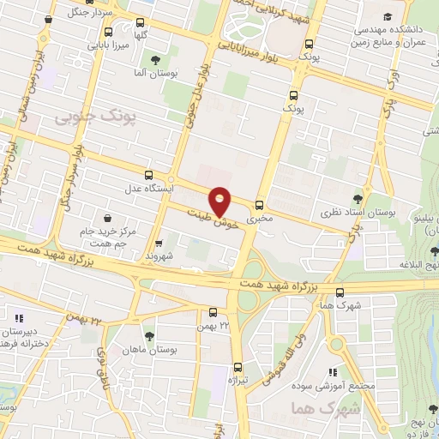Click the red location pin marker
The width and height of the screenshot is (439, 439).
(x=220, y=201)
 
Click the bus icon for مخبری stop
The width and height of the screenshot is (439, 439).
(x=260, y=204)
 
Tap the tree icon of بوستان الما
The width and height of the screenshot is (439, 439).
(x=154, y=60)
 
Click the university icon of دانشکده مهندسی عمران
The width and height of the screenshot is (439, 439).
(x=388, y=16)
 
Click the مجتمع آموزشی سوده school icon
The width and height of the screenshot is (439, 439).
(x=333, y=372)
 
